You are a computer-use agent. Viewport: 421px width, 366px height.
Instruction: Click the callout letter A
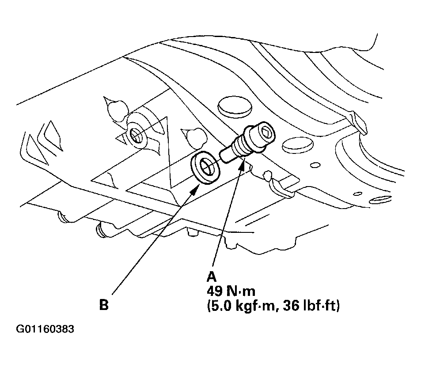point(212,277)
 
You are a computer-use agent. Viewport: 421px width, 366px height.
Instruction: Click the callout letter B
point(104,305)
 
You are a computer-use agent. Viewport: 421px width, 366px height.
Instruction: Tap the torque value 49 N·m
point(231,291)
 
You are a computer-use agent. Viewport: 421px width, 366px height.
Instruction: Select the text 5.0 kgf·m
point(241,306)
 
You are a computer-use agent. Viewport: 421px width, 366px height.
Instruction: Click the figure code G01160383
point(45,329)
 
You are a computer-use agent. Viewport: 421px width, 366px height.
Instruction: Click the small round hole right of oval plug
point(315,165)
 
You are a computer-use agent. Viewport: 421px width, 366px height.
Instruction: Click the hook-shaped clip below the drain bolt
point(277,185)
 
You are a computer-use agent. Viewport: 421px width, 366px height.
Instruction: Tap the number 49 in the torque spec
point(215,291)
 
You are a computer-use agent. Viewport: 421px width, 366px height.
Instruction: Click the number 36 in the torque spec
point(291,306)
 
